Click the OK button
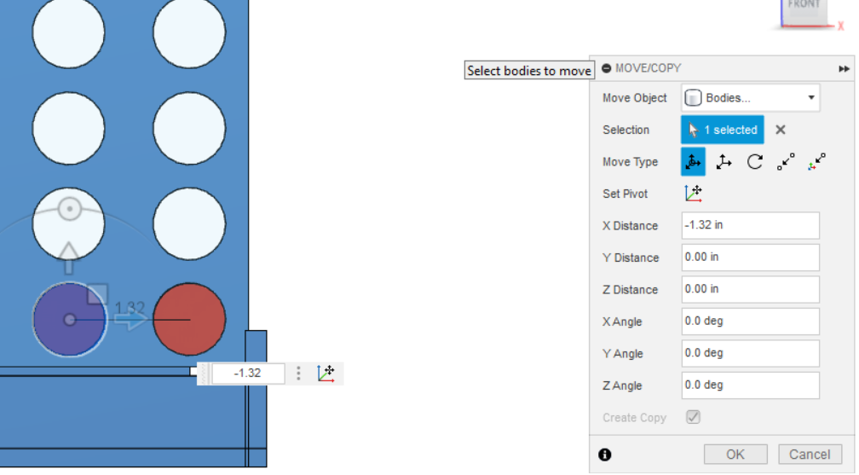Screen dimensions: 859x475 [x=735, y=455]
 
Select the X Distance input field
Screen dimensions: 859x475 [x=750, y=225]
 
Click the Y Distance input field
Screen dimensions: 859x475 [x=750, y=258]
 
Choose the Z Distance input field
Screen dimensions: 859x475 [x=750, y=289]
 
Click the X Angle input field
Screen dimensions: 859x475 [x=750, y=321]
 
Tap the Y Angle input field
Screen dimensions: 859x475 [x=750, y=353]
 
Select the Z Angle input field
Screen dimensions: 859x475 [x=750, y=385]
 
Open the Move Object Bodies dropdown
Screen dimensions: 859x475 [x=750, y=97]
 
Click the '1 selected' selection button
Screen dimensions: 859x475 [x=722, y=130]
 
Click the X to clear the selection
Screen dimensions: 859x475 [x=781, y=130]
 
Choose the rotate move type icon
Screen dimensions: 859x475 [x=755, y=162]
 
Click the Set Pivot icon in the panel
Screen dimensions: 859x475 [x=694, y=194]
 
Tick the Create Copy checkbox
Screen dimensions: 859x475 [x=693, y=417]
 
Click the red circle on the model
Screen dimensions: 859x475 [x=189, y=319]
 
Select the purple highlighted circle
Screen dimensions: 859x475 [x=70, y=319]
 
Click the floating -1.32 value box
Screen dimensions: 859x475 [x=248, y=374]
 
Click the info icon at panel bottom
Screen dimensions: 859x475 [x=605, y=455]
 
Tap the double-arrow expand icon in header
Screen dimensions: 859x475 [x=844, y=68]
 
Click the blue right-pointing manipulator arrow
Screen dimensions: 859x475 [x=131, y=320]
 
